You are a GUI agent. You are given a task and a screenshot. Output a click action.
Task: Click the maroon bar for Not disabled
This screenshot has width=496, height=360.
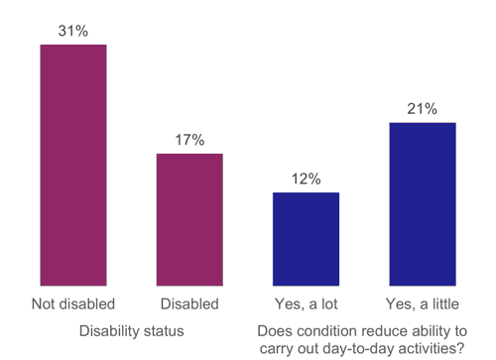click(72, 164)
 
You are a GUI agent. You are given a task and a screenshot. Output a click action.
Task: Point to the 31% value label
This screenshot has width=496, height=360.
click(72, 31)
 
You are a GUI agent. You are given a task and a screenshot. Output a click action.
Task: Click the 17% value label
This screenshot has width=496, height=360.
click(188, 140)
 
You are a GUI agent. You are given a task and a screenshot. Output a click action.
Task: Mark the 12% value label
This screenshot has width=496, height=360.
click(306, 179)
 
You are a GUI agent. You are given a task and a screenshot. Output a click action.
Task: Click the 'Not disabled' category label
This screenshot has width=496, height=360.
click(73, 302)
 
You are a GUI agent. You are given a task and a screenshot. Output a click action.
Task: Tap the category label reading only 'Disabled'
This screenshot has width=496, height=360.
click(188, 302)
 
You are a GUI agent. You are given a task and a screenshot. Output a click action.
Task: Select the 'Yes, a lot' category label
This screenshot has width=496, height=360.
click(306, 302)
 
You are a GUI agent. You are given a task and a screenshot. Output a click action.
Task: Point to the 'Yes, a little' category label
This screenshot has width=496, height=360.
click(422, 302)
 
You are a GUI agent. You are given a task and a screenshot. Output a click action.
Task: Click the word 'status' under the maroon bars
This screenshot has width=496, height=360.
click(163, 329)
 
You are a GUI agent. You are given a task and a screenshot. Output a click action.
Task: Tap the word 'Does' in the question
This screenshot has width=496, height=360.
click(275, 329)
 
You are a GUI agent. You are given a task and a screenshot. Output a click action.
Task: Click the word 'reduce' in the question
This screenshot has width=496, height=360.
click(387, 329)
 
